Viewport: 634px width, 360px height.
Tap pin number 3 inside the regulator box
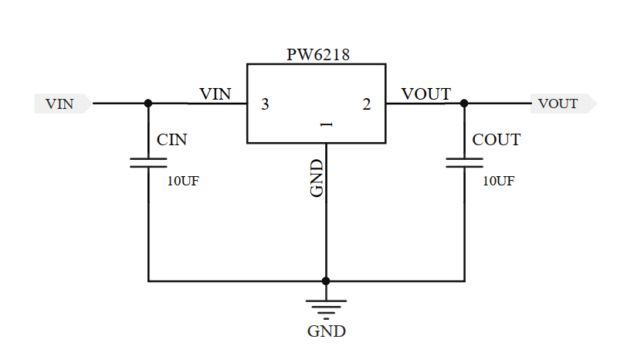pos(265,104)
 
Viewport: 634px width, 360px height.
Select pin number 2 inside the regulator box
pos(367,104)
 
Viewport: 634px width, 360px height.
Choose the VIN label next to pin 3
pos(215,93)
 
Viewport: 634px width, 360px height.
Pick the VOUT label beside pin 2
pos(426,93)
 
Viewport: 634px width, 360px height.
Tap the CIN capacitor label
pos(171,140)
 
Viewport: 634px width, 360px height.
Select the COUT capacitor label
pos(497,140)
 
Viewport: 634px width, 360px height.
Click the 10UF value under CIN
pos(183,182)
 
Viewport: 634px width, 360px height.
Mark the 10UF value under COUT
pos(499,182)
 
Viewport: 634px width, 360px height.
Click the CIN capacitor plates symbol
pos(148,163)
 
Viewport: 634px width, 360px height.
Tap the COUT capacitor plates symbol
pos(464,163)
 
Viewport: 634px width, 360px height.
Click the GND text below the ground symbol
pos(326,331)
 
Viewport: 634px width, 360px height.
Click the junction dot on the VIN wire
pos(148,103)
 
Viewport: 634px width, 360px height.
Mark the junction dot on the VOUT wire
pos(464,103)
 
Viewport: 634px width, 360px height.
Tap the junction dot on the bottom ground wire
pos(326,281)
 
